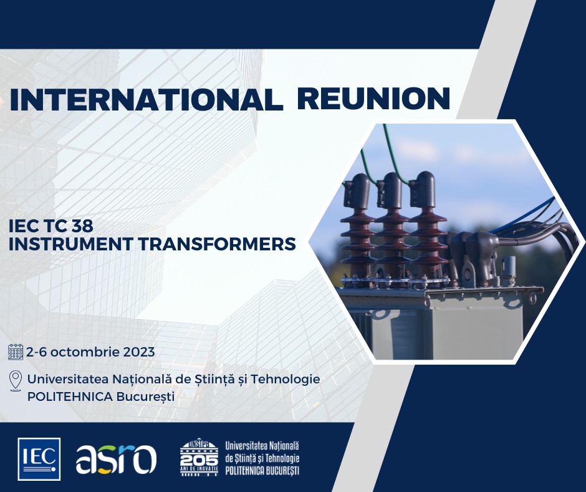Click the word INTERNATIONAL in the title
click(x=146, y=99)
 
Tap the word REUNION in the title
click(x=373, y=99)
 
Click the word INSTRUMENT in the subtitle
click(x=70, y=244)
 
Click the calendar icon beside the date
click(x=16, y=352)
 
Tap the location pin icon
click(x=16, y=381)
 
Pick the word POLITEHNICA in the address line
click(x=70, y=396)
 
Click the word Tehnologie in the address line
click(x=285, y=379)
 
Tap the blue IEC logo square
click(x=39, y=459)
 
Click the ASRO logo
click(x=116, y=459)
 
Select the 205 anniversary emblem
click(x=199, y=457)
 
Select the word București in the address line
click(x=146, y=397)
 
